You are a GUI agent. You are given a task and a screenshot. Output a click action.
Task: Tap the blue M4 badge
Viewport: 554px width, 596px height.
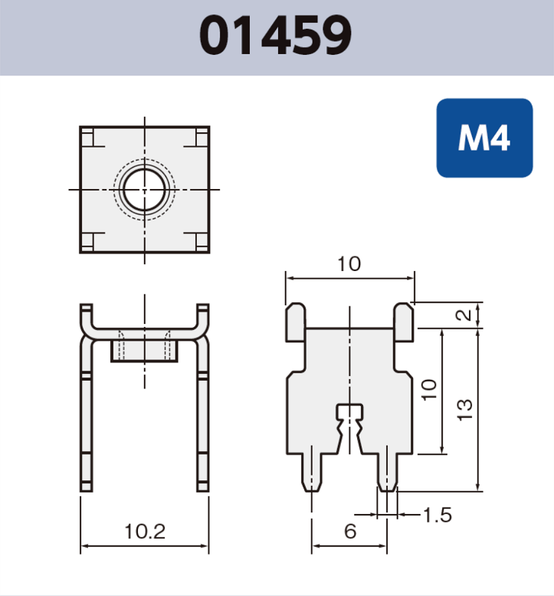(484, 139)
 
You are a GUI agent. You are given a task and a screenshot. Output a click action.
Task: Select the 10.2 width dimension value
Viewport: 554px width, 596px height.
(145, 530)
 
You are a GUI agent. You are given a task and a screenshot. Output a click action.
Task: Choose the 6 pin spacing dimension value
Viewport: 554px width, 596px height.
(350, 531)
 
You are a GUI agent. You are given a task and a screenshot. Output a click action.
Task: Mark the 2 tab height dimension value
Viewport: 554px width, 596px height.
(465, 315)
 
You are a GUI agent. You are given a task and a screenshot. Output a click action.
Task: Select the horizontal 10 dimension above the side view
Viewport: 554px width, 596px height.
(349, 264)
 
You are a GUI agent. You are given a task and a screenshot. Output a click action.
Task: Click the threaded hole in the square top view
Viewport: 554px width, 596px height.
(145, 189)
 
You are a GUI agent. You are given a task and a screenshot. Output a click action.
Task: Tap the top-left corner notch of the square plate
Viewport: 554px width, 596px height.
(87, 137)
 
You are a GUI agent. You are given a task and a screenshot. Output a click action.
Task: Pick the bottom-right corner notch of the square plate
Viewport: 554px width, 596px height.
(201, 242)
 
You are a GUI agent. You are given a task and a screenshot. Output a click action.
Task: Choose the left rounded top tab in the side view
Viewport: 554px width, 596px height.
(295, 321)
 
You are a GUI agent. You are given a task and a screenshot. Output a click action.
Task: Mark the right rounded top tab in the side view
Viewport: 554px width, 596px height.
(404, 321)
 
